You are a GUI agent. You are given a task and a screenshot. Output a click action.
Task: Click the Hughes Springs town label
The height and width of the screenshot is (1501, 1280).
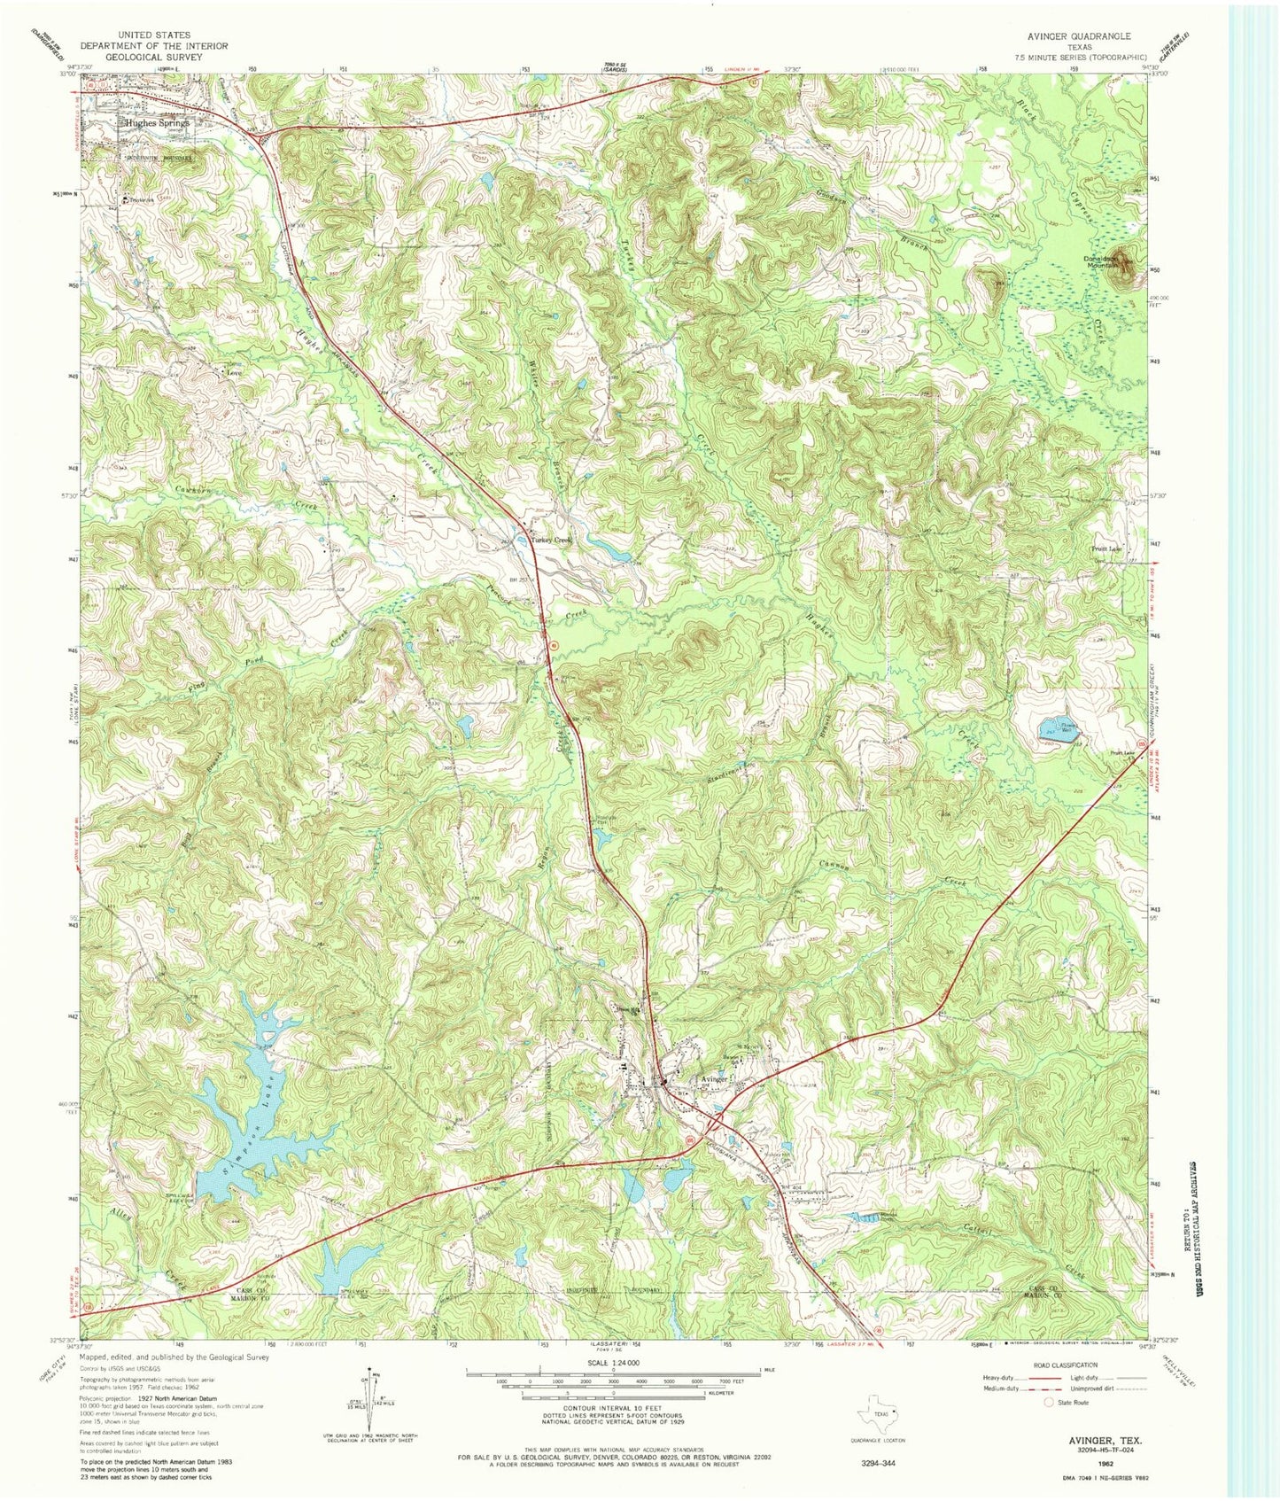pyautogui.click(x=158, y=123)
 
